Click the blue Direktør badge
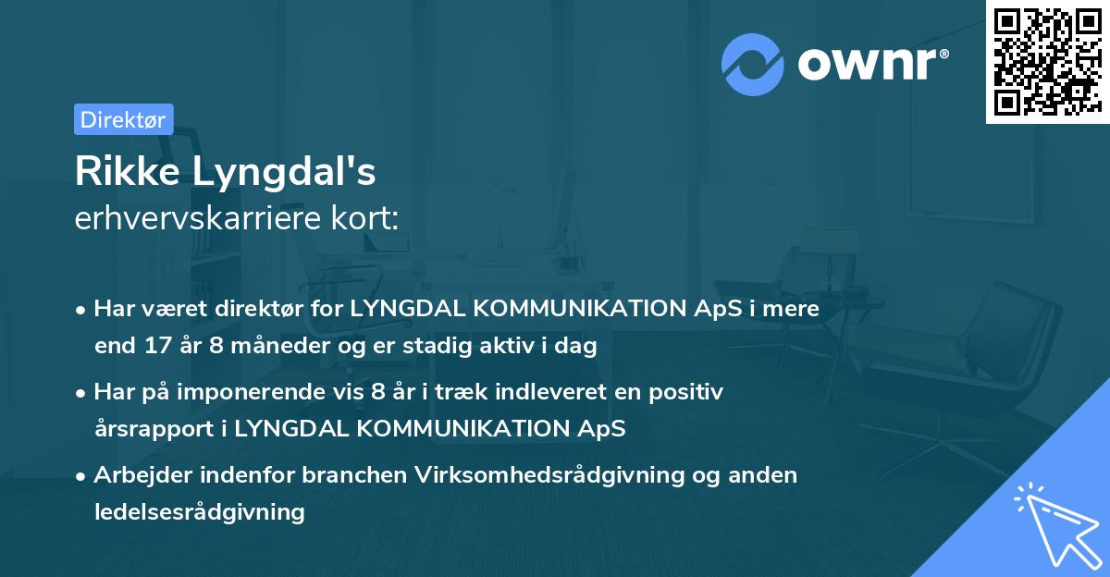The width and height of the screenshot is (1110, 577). pyautogui.click(x=123, y=119)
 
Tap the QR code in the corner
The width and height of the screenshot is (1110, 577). pyautogui.click(x=1047, y=61)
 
